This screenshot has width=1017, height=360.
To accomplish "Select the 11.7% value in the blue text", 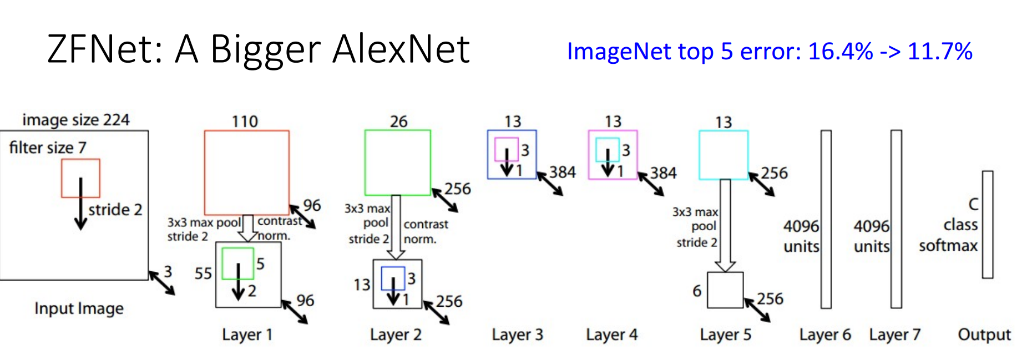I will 940,52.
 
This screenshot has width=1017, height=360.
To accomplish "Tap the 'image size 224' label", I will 76,120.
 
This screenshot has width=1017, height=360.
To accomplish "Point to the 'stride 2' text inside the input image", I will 115,210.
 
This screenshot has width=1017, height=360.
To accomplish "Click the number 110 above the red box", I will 245,121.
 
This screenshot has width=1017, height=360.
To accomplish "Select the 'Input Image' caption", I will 79,308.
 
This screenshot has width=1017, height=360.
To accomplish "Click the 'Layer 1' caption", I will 247,334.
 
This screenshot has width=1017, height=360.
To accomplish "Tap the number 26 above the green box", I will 398,121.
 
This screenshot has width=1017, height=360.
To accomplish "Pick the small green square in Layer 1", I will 237,263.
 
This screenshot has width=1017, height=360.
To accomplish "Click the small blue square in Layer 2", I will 393,278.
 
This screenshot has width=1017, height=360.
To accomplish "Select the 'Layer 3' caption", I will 517,334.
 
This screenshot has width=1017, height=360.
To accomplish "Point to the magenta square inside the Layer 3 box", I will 506,149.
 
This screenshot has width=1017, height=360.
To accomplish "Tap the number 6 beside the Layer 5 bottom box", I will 697,291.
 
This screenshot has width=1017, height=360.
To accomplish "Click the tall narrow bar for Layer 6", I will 826,219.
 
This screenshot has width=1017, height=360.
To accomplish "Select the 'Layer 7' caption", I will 894,334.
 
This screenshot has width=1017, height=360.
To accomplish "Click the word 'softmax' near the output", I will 948,245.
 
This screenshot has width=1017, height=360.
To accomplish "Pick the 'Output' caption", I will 984,334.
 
